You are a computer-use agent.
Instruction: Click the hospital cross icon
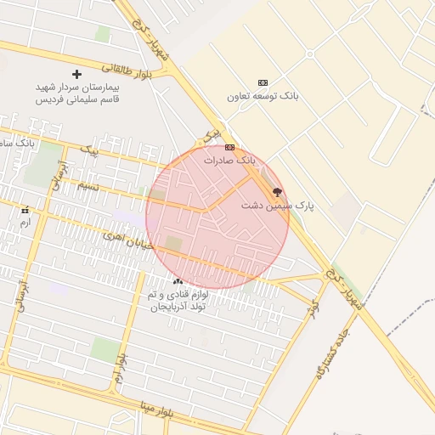click(x=77, y=75)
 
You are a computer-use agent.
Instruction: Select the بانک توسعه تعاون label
click(x=263, y=96)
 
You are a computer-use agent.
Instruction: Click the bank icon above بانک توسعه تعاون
click(x=263, y=82)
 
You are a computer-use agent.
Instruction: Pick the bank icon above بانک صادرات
click(x=229, y=146)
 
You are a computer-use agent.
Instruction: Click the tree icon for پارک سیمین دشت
click(x=276, y=192)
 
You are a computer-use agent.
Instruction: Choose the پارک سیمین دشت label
click(x=277, y=206)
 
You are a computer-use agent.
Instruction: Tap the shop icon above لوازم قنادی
click(x=178, y=280)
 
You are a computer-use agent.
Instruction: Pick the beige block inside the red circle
click(x=173, y=244)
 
